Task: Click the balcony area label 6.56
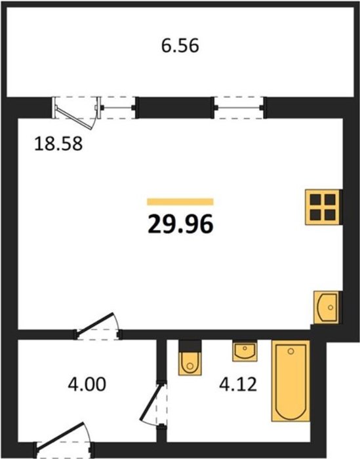[x=180, y=46]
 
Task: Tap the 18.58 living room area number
[x=58, y=144]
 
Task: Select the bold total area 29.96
[x=180, y=224]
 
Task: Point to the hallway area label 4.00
[x=87, y=384]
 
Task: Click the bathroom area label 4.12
[x=238, y=384]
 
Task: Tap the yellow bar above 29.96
[x=180, y=202]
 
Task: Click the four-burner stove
[x=323, y=207]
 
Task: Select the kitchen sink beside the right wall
[x=327, y=308]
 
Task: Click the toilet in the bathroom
[x=190, y=358]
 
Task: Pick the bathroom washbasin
[x=245, y=351]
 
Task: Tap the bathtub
[x=290, y=381]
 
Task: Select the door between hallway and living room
[x=98, y=326]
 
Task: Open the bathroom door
[x=153, y=403]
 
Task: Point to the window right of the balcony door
[x=118, y=108]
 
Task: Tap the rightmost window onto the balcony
[x=239, y=108]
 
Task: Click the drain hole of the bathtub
[x=290, y=351]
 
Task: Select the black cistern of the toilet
[x=190, y=346]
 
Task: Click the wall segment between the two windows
[x=174, y=108]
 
